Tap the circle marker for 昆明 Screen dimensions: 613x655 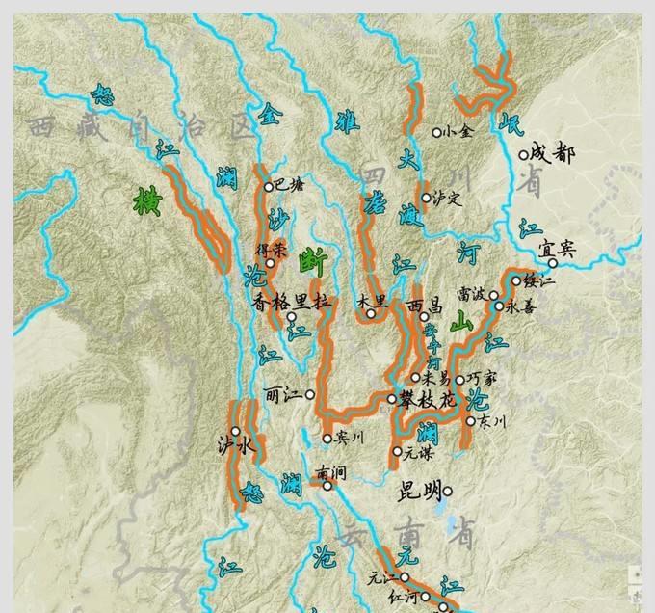click(447, 491)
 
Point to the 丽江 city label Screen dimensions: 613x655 click(281, 394)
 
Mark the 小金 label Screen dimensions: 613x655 click(457, 132)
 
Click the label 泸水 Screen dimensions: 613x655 click(234, 445)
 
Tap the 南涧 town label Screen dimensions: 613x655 click(328, 472)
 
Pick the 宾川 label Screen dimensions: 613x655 click(348, 438)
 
